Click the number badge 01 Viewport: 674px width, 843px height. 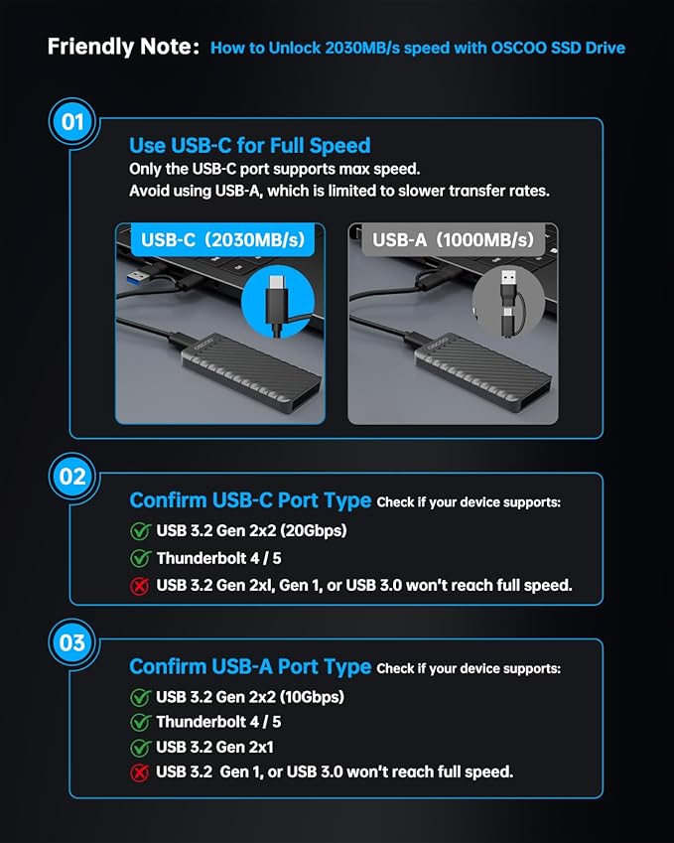(x=72, y=123)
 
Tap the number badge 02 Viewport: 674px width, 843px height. (x=72, y=477)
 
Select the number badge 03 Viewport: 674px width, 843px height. (x=72, y=642)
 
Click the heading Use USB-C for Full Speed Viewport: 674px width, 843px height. (x=249, y=146)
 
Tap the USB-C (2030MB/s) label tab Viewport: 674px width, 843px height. (x=222, y=239)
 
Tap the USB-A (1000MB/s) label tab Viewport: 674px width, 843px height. (x=453, y=239)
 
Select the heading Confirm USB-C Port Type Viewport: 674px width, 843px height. (x=250, y=500)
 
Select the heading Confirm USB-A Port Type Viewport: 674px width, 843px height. (x=250, y=666)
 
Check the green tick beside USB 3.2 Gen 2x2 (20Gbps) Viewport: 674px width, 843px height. (x=140, y=531)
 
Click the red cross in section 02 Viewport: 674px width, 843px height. (x=140, y=585)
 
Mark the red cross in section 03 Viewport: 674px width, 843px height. (x=140, y=772)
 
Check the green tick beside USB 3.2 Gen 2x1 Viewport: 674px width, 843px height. (x=140, y=747)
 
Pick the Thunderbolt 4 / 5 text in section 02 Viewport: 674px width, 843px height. (x=218, y=558)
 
